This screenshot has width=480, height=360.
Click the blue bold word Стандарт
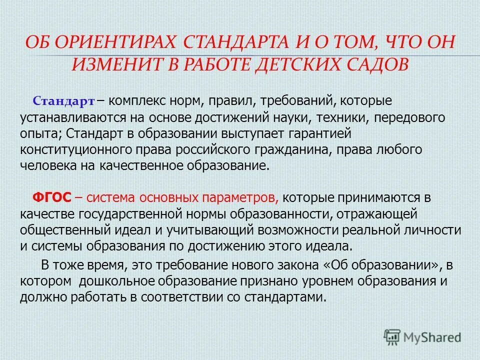63,101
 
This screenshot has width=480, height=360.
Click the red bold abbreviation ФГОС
51,197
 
